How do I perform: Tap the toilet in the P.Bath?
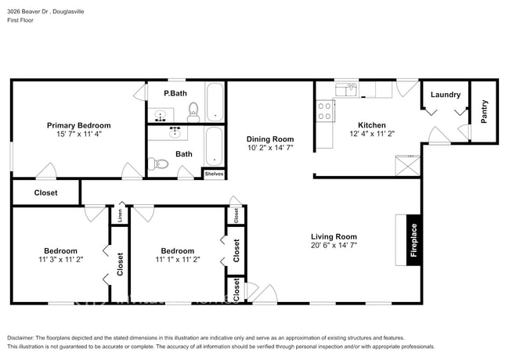(193, 114)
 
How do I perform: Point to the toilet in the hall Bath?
(160, 164)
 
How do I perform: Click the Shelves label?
(214, 174)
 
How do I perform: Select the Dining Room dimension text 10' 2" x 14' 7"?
(270, 147)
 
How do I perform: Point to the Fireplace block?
(414, 239)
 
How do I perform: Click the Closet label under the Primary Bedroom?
(45, 193)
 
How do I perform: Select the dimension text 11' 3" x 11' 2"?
(60, 261)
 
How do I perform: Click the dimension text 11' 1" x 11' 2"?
(178, 261)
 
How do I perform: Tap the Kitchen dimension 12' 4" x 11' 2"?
(371, 134)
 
